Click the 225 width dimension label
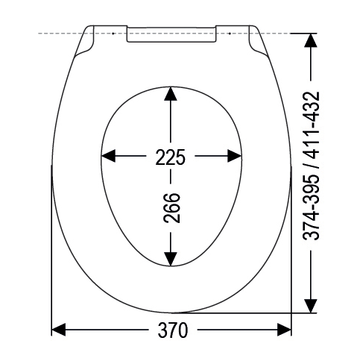[x=171, y=157]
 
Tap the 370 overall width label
[x=171, y=330]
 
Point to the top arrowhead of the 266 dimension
[x=171, y=94]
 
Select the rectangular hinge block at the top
[x=171, y=34]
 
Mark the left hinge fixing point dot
[x=112, y=34]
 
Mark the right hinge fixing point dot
[x=230, y=34]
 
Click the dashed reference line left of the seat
[x=60, y=34]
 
